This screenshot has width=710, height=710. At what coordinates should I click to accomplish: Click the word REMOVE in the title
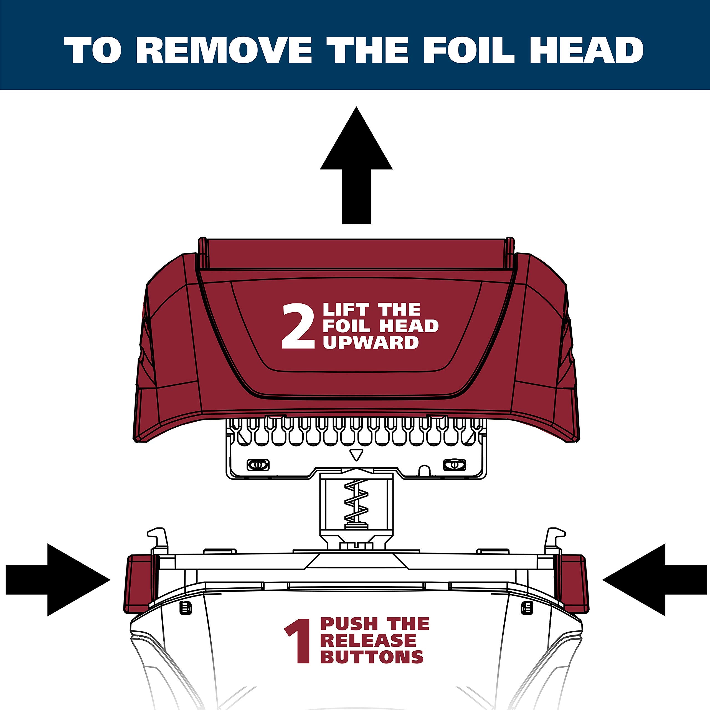click(224, 50)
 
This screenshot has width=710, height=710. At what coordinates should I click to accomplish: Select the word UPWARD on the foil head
click(371, 343)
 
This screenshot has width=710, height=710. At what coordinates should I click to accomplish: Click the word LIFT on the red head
click(346, 310)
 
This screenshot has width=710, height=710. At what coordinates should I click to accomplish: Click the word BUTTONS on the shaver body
click(372, 657)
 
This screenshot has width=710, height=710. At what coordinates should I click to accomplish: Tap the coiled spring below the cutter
click(356, 501)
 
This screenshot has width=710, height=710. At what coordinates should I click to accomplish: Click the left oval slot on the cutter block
click(258, 465)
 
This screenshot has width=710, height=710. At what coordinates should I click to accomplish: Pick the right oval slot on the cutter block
click(455, 465)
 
